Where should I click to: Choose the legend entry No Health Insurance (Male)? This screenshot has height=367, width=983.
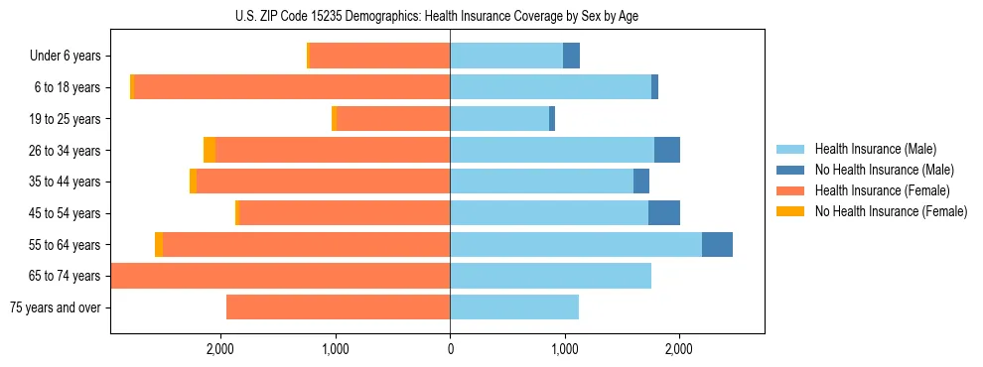tap(884, 170)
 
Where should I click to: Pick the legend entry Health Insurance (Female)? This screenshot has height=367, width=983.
tap(882, 190)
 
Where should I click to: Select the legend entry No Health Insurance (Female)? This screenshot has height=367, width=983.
tap(891, 211)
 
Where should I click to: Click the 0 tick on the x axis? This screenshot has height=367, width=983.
tap(450, 349)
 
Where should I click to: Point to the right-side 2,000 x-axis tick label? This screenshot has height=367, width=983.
tap(679, 349)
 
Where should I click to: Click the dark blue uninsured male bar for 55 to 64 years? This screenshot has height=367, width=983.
tap(717, 244)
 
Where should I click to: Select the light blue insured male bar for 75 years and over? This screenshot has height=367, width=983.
tap(514, 307)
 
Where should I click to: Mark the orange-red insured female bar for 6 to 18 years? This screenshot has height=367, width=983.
tap(292, 87)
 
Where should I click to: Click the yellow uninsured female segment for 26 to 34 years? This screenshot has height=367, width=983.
tap(210, 150)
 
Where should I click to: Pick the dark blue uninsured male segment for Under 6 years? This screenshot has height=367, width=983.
tap(572, 57)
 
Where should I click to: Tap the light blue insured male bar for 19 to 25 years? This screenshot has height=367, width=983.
tap(499, 119)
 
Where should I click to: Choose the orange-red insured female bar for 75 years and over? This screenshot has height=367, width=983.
tap(339, 307)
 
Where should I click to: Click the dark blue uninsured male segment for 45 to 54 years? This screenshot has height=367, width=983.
tap(664, 213)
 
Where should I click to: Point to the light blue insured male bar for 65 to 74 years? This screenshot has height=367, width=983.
tap(551, 276)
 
